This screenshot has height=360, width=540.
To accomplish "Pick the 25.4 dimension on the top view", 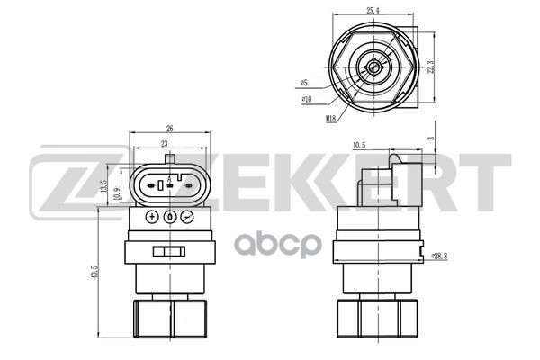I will click(x=371, y=11).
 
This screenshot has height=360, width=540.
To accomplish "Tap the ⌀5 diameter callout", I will click(x=303, y=83).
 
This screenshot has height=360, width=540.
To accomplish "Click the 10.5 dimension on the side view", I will click(x=358, y=144).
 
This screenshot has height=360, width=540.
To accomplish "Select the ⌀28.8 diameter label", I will click(x=439, y=256).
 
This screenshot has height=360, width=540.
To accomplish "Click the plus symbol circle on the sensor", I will click(x=151, y=217).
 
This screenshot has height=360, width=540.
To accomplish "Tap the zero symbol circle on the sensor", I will click(x=169, y=217).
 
